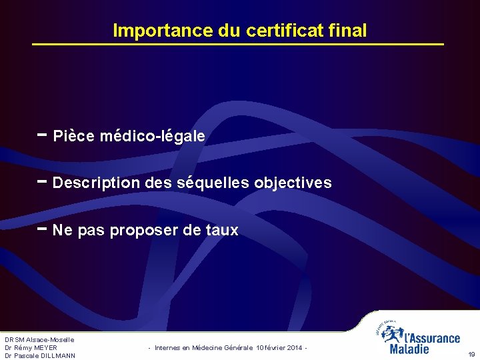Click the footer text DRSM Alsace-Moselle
point(39,340)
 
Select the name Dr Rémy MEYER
point(31,348)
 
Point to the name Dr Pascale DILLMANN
point(40,356)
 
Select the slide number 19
point(472,355)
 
